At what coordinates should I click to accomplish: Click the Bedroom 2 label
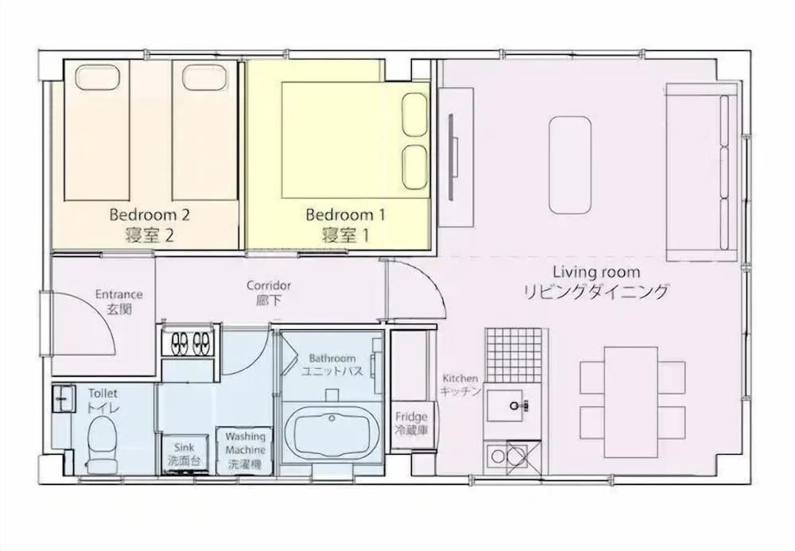point(149,215)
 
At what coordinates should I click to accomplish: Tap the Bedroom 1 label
point(345,215)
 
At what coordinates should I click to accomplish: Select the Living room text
point(596,272)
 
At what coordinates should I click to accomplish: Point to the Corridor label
point(269,285)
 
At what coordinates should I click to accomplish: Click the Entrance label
point(119,294)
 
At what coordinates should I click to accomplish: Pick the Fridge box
point(413,425)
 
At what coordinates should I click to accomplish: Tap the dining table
point(631,402)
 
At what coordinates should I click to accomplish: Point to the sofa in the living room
point(702,173)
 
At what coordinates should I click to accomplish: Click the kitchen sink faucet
point(519,405)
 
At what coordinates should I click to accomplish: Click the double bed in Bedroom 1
point(355,140)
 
